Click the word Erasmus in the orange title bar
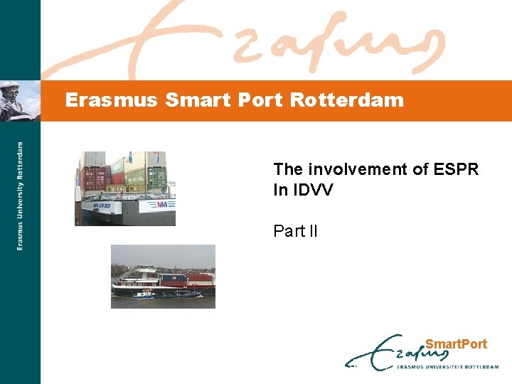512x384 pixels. (110, 100)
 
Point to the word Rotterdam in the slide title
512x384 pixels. (347, 100)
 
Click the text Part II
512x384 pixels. (296, 231)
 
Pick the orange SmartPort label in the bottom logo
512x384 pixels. (456, 344)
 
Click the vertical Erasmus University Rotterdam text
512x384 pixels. (20, 196)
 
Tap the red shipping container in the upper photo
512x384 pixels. (93, 178)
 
